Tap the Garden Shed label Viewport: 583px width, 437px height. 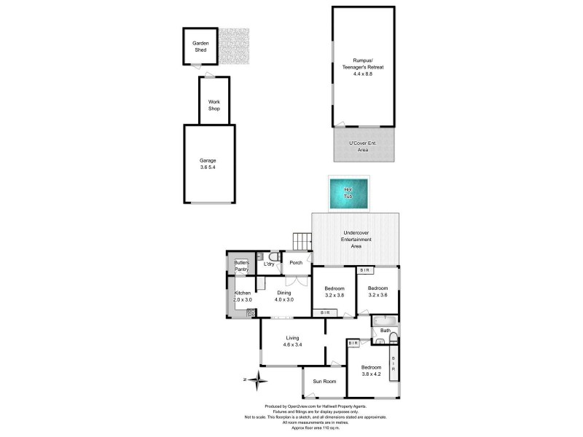pyautogui.click(x=200, y=47)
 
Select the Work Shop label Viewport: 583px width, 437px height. pyautogui.click(x=214, y=105)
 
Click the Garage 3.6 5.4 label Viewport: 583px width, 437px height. pyautogui.click(x=208, y=164)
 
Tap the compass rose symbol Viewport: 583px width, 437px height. pyautogui.click(x=256, y=378)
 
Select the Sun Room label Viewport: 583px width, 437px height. pyautogui.click(x=324, y=382)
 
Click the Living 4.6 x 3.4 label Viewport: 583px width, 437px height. pyautogui.click(x=293, y=341)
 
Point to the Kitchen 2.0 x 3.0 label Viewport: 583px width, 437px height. pyautogui.click(x=242, y=296)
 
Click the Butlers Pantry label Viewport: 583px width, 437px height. pyautogui.click(x=242, y=266)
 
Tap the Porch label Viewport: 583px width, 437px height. pyautogui.click(x=296, y=263)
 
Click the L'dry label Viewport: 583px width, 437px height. pyautogui.click(x=269, y=263)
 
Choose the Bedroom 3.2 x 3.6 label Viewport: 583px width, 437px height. pyautogui.click(x=377, y=291)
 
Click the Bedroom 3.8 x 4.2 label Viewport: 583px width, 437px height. pyautogui.click(x=371, y=370)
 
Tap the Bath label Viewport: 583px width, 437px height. pyautogui.click(x=385, y=331)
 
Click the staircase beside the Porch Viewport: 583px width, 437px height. pyautogui.click(x=301, y=240)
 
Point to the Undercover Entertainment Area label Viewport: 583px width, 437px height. pyautogui.click(x=357, y=240)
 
